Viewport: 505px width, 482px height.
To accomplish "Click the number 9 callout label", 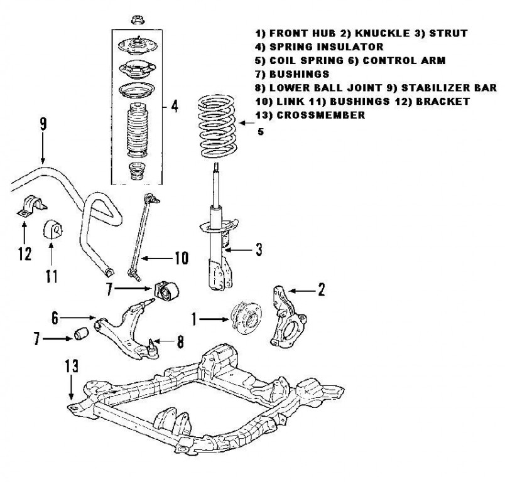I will point(43,124).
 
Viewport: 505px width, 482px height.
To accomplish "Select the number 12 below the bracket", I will point(24,254).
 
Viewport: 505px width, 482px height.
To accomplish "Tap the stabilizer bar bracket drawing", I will point(27,208).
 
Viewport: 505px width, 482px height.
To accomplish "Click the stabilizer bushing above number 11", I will point(52,230).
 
